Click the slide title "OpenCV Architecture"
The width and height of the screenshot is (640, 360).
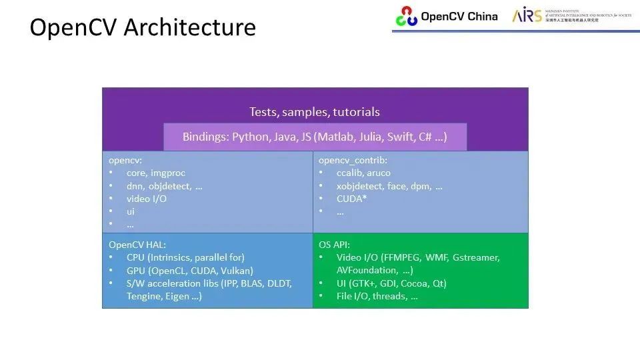tap(143, 28)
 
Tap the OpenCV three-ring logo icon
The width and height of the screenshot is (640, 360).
tap(406, 16)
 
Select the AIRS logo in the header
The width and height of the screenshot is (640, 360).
tap(527, 16)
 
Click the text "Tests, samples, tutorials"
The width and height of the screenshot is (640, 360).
tap(315, 112)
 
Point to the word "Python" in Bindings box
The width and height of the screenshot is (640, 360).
tap(249, 137)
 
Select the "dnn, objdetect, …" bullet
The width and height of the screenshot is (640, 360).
tap(164, 186)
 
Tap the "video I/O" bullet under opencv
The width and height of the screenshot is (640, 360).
tap(146, 199)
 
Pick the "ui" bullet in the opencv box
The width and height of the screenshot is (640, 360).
tap(131, 211)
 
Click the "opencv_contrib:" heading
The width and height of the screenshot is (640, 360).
tap(353, 161)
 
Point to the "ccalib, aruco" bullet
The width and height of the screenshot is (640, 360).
tap(363, 173)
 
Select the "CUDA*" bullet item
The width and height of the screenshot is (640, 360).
tap(351, 199)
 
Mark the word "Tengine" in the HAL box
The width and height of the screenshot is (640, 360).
tap(144, 296)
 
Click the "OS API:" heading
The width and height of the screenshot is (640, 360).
tap(334, 245)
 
